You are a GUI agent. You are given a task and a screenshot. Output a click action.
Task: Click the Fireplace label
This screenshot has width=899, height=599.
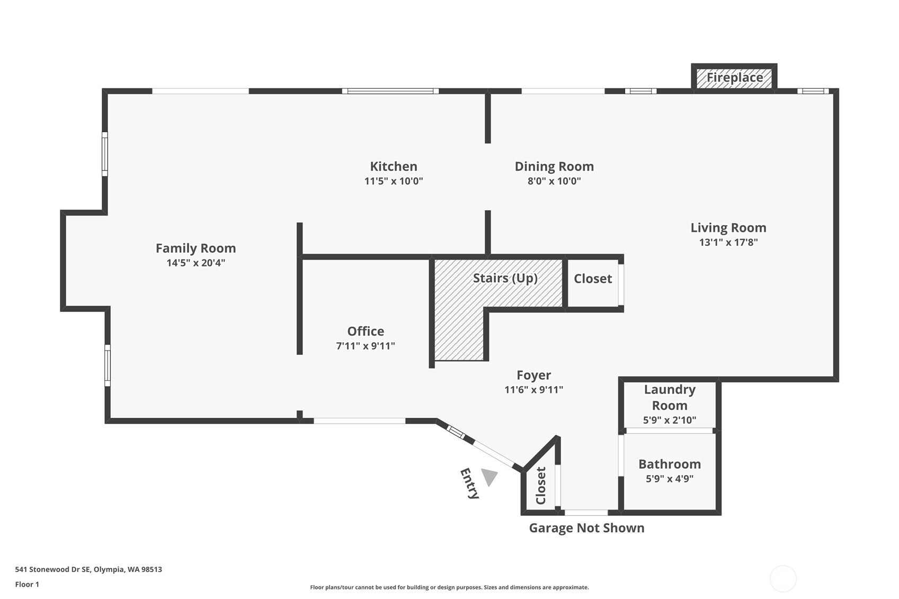click(734, 78)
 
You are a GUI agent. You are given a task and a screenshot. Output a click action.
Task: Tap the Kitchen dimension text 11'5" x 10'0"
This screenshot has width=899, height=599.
click(393, 181)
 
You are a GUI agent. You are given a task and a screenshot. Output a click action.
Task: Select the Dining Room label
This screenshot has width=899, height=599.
click(554, 166)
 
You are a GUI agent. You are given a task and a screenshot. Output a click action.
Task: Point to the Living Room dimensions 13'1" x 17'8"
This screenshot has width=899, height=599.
click(728, 243)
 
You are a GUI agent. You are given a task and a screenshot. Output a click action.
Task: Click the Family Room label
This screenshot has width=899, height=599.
click(195, 248)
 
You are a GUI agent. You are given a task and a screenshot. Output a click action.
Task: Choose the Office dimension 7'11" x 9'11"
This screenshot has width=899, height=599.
click(366, 346)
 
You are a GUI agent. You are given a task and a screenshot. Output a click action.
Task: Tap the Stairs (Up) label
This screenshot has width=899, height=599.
click(505, 278)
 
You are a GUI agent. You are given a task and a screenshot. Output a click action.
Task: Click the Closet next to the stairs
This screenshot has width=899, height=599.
click(593, 279)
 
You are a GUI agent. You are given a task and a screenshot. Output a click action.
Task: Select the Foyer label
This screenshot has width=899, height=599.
click(533, 375)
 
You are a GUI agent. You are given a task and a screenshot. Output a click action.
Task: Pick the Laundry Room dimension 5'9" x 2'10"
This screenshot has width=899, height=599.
click(669, 421)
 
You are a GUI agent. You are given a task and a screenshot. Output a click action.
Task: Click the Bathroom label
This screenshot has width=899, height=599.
click(669, 464)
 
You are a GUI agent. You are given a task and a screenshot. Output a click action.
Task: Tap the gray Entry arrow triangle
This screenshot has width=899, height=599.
click(489, 477)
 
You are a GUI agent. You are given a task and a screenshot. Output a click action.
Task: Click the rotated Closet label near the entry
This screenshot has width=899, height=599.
click(540, 486)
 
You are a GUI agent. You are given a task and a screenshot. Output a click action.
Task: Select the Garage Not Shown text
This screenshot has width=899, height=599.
click(586, 528)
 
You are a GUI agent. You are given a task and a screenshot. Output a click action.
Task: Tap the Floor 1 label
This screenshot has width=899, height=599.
click(27, 584)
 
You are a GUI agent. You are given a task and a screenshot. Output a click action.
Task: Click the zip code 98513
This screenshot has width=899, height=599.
click(152, 569)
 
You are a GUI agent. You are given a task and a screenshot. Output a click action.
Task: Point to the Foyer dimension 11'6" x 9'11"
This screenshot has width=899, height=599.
click(533, 390)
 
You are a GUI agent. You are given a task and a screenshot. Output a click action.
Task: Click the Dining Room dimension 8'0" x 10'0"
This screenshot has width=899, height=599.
click(554, 181)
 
